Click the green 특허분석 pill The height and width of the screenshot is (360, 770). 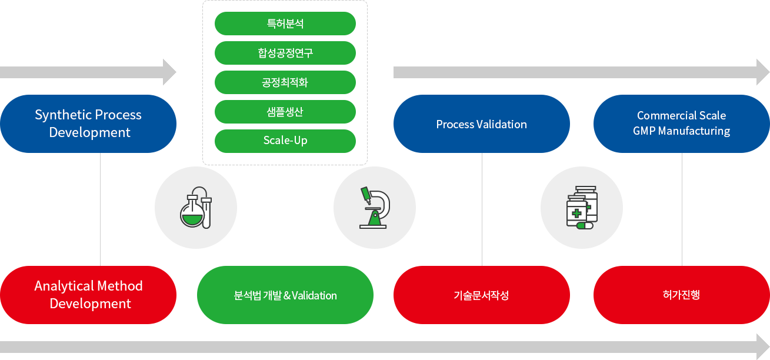pyautogui.click(x=285, y=24)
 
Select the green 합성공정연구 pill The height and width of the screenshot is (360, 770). pyautogui.click(x=285, y=53)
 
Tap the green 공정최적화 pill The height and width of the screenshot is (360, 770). pyautogui.click(x=285, y=82)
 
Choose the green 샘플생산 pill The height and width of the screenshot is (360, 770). pyautogui.click(x=285, y=112)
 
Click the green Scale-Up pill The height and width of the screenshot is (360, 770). pyautogui.click(x=285, y=141)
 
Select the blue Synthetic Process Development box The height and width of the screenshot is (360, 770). pyautogui.click(x=88, y=124)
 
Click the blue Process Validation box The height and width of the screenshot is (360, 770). pyautogui.click(x=482, y=124)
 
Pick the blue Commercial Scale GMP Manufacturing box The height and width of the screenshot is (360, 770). pyautogui.click(x=682, y=124)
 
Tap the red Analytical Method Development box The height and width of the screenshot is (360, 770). pyautogui.click(x=88, y=295)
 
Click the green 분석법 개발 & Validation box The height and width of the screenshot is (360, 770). pyautogui.click(x=285, y=295)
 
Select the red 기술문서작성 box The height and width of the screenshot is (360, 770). pyautogui.click(x=482, y=295)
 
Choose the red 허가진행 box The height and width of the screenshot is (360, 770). pyautogui.click(x=682, y=295)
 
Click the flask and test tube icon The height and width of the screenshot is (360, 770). pyautogui.click(x=196, y=208)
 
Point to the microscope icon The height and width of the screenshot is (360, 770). pyautogui.click(x=375, y=208)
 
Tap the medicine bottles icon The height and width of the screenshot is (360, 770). pyautogui.click(x=582, y=208)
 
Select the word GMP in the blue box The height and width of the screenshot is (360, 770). pyautogui.click(x=644, y=131)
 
